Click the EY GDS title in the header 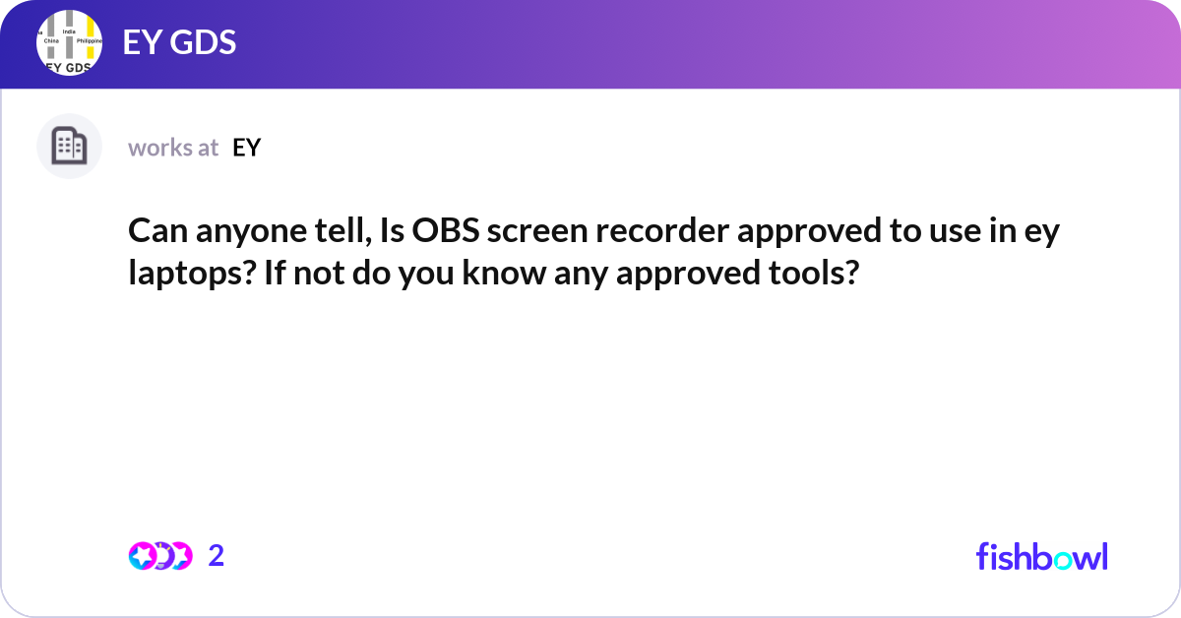pos(179,43)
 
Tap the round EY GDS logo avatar pos(70,43)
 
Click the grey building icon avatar pos(69,147)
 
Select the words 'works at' pos(173,148)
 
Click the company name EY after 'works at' pos(247,148)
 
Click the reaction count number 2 pos(217,556)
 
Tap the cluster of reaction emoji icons pos(159,556)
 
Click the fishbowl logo pos(1041,556)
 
